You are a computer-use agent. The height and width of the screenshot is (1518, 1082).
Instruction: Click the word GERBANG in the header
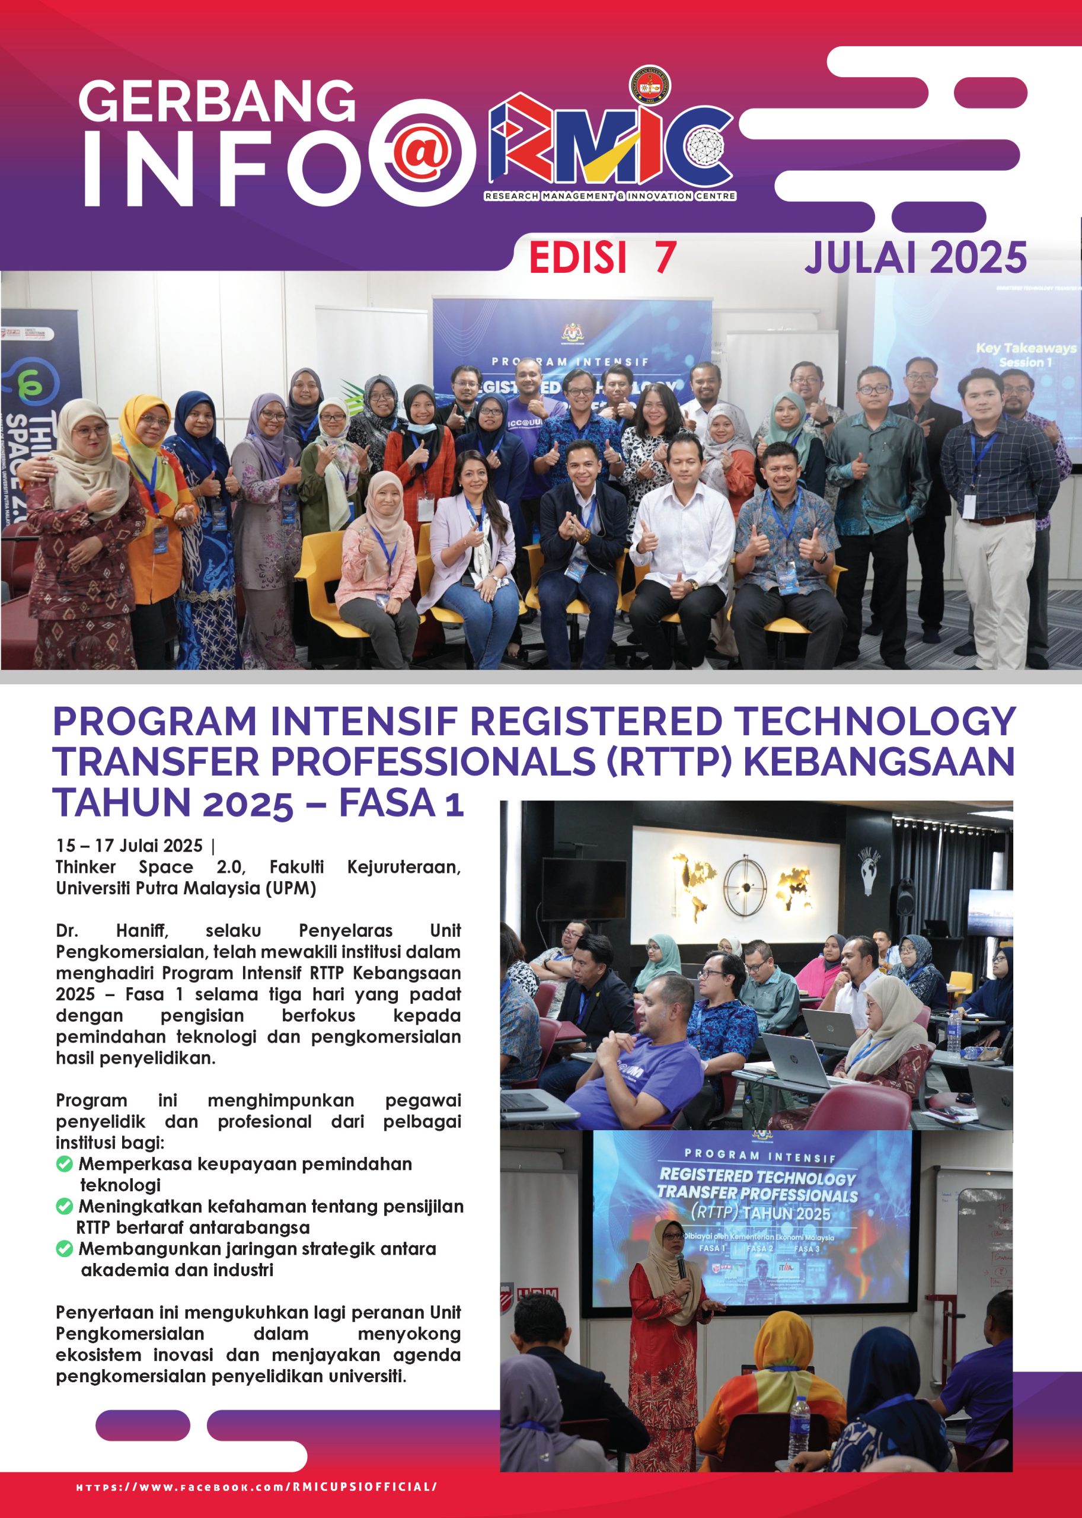216,101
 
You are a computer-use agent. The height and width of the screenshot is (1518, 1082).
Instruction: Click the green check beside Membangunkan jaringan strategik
64,1249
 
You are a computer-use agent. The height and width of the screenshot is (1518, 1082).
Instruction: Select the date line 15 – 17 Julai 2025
129,846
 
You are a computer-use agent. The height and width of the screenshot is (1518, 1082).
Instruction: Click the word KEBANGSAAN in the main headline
878,761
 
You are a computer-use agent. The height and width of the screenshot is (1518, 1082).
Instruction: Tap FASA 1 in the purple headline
400,802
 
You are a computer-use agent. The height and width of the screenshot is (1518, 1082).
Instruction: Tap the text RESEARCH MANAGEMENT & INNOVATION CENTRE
610,196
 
